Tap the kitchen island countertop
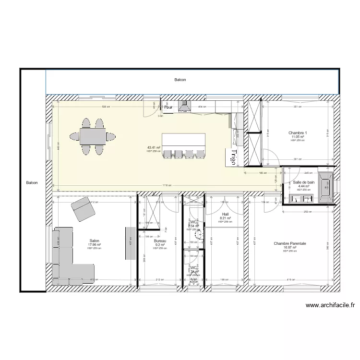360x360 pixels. pos(183,141)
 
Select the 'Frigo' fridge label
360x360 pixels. pos(233,157)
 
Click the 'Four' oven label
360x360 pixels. pos(168,108)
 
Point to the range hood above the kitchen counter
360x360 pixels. pos(184,107)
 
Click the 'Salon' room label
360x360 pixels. pos(95,241)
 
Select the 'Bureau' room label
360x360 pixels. pos(160,241)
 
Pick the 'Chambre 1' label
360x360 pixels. pos(298,133)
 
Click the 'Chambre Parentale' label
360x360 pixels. pos(289,244)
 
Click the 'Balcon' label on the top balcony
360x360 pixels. pos(180,81)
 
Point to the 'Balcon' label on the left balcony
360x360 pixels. pos(32,183)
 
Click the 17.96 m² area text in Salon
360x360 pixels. pos(95,245)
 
